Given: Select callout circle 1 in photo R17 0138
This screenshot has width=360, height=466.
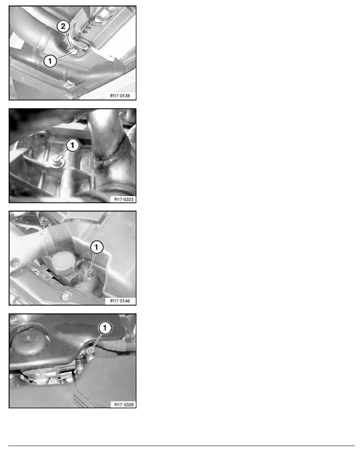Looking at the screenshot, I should (49, 61).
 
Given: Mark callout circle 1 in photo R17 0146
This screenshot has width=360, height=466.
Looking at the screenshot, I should (96, 247).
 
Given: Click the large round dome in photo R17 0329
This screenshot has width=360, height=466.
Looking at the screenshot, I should (26, 346).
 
